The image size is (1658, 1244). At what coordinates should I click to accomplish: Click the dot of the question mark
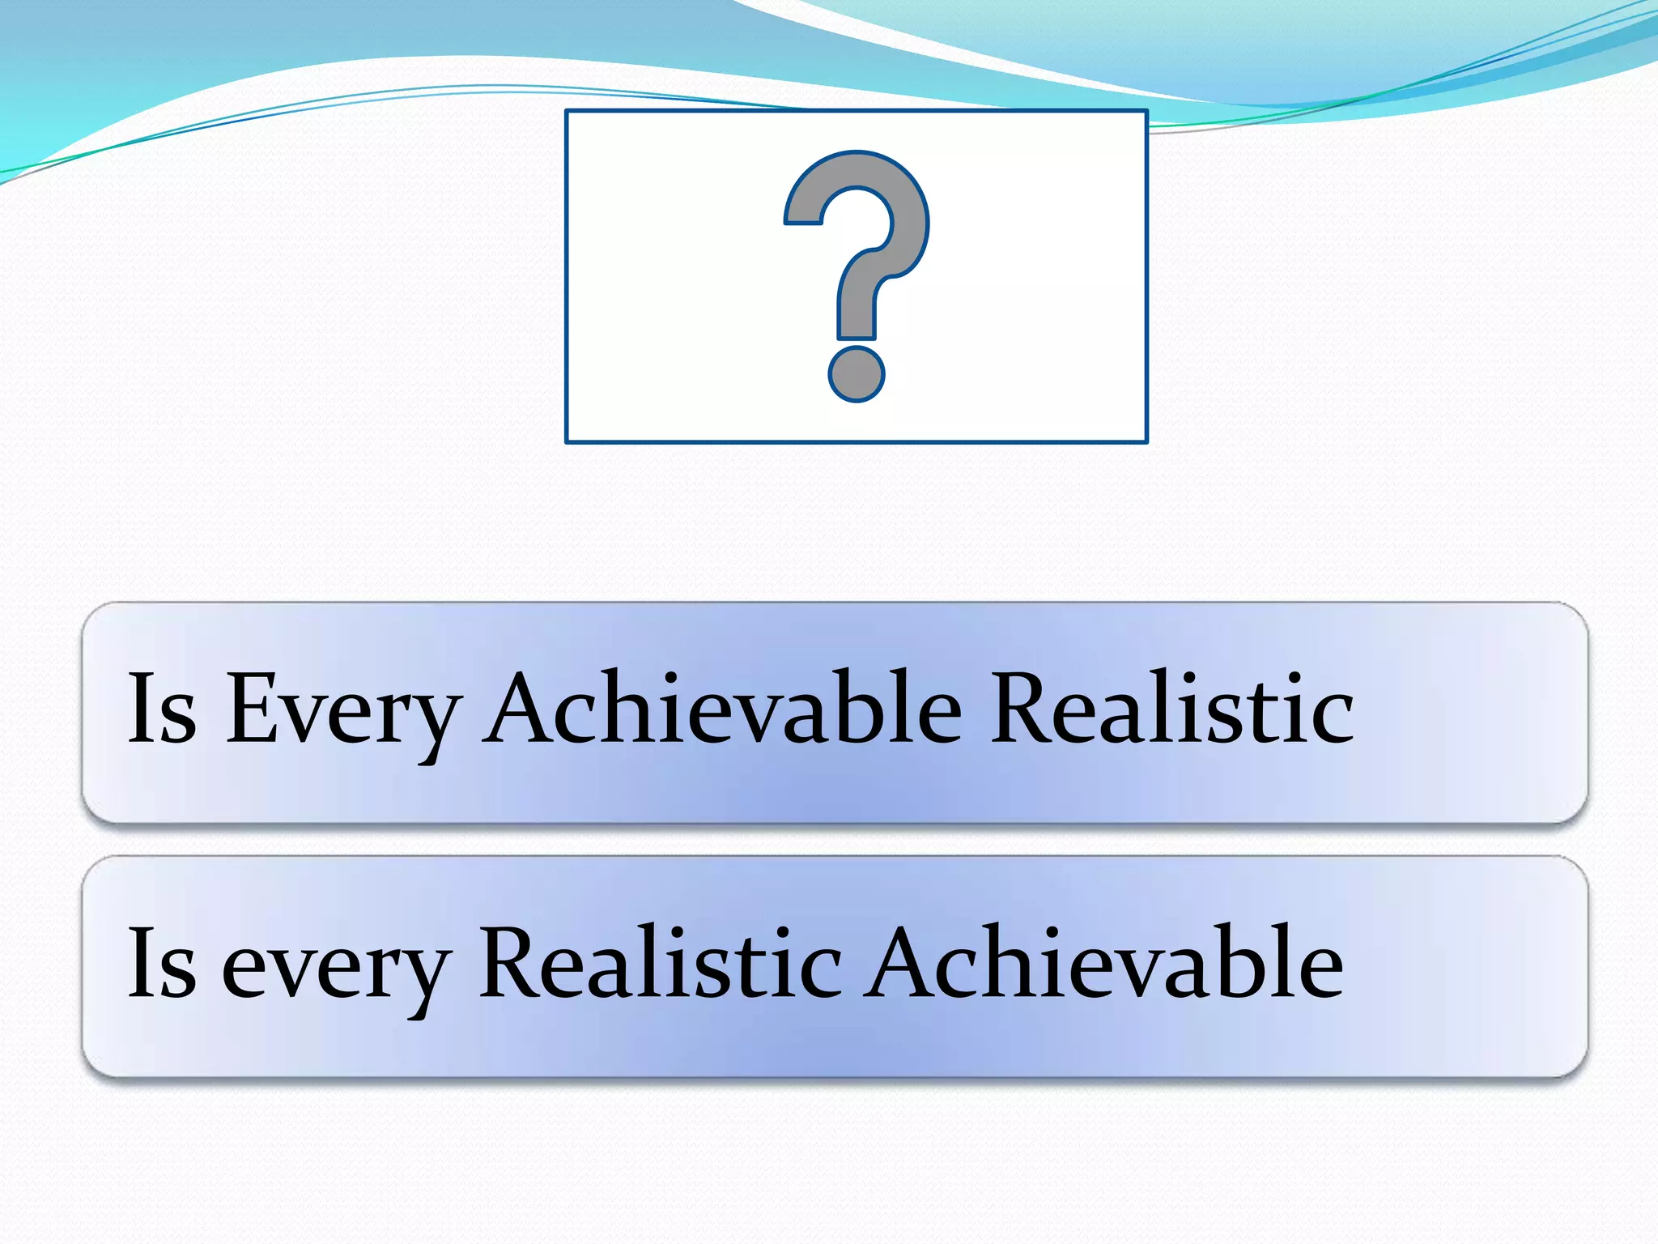[x=856, y=374]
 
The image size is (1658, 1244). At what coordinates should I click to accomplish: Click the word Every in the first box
[x=343, y=709]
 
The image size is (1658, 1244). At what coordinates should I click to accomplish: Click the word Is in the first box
[x=162, y=708]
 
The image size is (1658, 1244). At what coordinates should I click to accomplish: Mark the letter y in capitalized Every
[x=434, y=721]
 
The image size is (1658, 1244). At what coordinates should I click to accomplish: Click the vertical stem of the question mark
[x=857, y=308]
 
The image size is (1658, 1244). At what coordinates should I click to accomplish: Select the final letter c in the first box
[x=1333, y=718]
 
